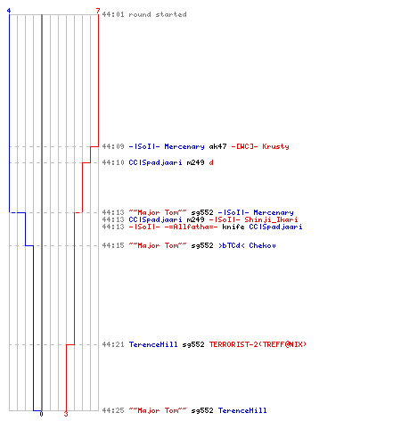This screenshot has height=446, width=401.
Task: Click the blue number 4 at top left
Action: click(9, 11)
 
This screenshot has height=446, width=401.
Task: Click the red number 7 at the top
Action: click(98, 11)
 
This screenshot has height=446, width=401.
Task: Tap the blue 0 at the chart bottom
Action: click(41, 414)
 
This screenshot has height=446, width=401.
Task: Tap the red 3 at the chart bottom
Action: click(66, 414)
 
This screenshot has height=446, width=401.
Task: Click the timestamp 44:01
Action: click(113, 14)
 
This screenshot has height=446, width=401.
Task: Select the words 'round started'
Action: click(158, 14)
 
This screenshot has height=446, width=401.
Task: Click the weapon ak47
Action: click(217, 146)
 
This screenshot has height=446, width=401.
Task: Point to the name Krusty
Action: click(275, 146)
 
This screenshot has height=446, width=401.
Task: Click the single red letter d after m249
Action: click(211, 162)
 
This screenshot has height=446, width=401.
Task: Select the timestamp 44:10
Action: click(113, 162)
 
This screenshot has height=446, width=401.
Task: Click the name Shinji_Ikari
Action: click(271, 219)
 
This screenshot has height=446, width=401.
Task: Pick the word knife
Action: click(233, 227)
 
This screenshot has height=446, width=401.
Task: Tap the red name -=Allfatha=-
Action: click(191, 227)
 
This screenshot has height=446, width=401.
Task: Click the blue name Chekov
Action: click(262, 245)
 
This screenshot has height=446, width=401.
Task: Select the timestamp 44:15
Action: click(113, 245)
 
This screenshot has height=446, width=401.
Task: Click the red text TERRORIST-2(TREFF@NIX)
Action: click(258, 344)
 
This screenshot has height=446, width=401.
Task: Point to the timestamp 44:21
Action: click(113, 344)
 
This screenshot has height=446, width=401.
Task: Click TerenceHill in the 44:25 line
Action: click(242, 410)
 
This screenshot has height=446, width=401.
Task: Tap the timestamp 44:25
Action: click(113, 410)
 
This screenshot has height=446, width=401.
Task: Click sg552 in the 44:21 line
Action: click(193, 345)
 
